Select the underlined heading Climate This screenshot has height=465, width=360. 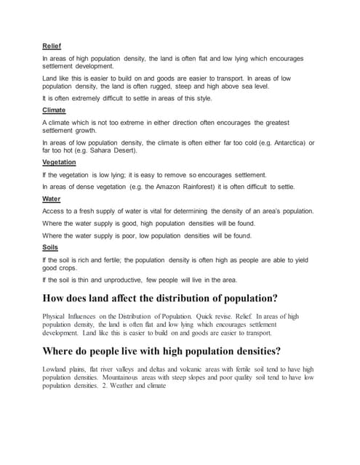pos(54,110)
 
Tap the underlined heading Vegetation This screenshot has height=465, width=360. pos(59,162)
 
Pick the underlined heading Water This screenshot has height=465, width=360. pos(51,198)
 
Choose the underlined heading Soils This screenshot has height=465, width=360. pos(50,247)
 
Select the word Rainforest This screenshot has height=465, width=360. pos(197,187)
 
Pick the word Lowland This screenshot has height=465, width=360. pos(57,369)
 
